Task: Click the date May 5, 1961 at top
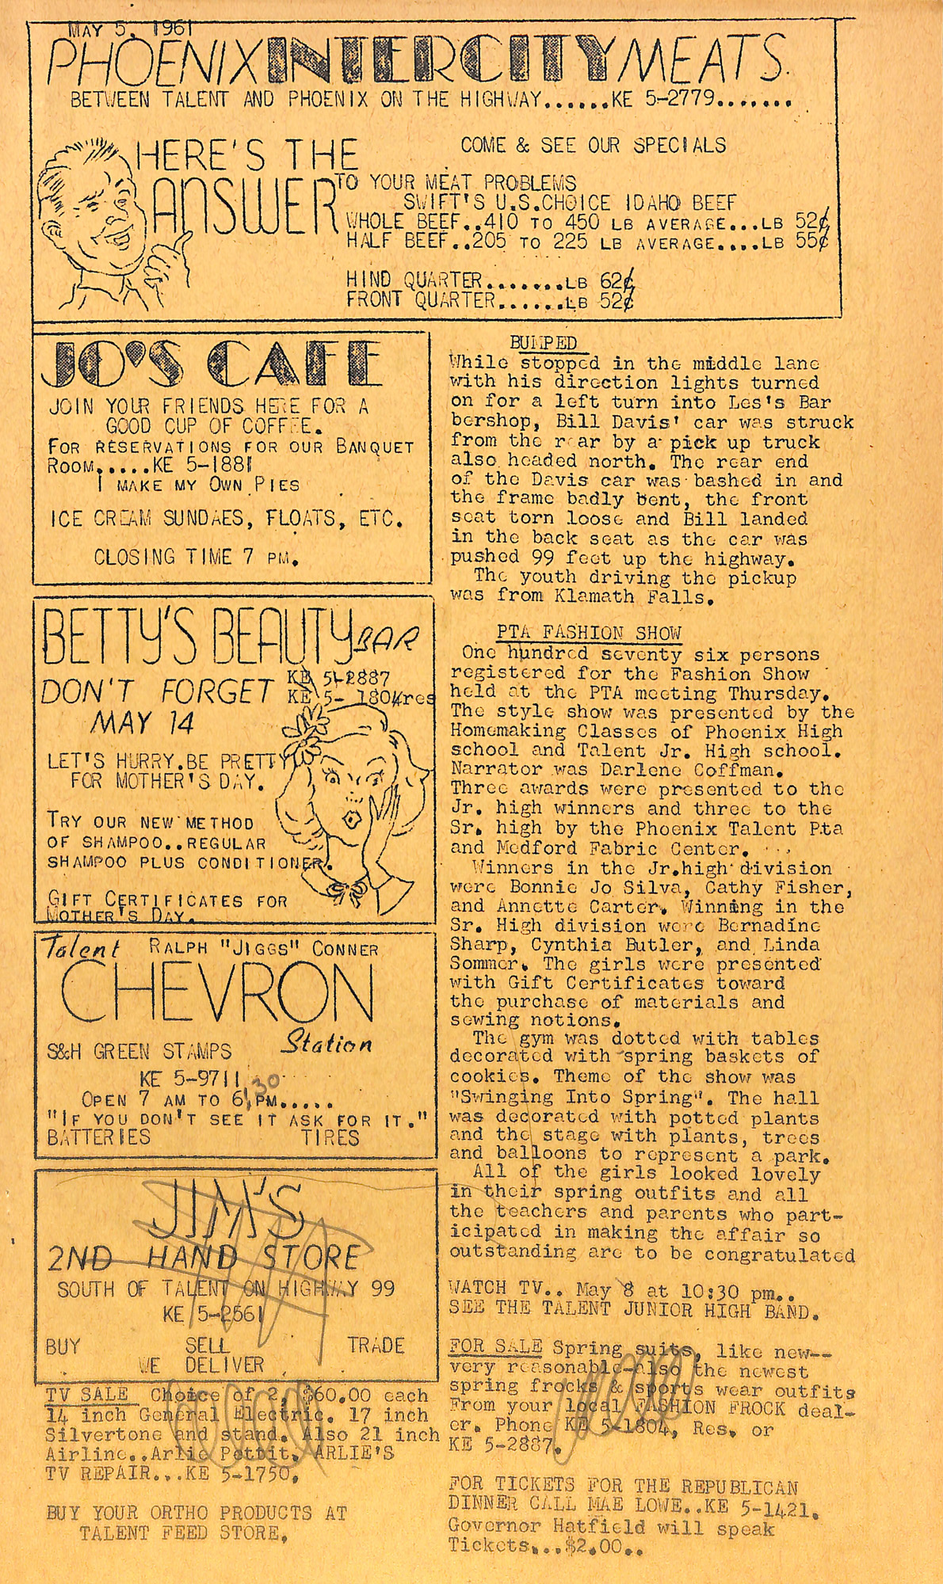131,30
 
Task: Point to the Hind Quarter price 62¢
617,280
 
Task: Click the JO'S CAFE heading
212,364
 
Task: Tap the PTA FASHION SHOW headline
588,633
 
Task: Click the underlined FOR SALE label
495,1346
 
